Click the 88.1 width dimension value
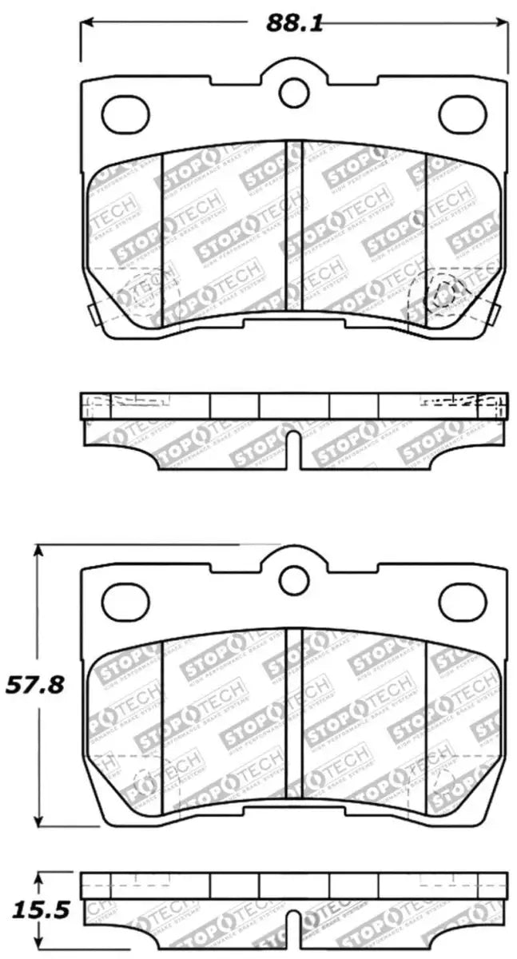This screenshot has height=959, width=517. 294,23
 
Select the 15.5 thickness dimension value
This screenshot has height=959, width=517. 29,909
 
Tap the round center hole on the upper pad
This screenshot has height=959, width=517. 293,92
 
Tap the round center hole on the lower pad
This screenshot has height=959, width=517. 293,577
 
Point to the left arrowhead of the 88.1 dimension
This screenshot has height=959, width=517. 87,22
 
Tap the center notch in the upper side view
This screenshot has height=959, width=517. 293,448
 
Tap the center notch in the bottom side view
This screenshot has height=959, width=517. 293,927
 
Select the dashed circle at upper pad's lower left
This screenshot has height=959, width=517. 145,292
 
